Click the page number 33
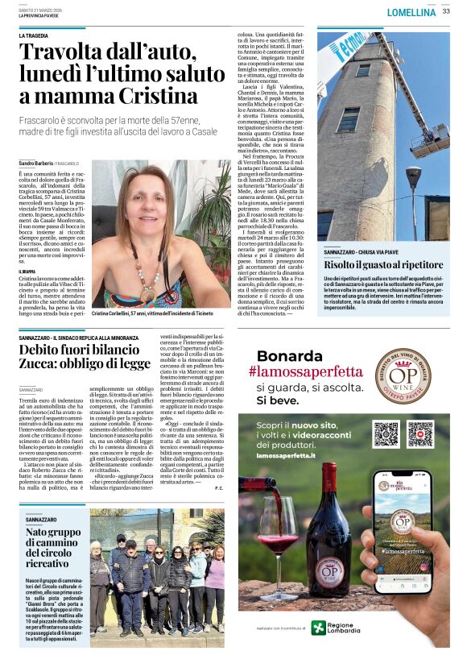pyautogui.click(x=446, y=12)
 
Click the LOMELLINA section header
pyautogui.click(x=411, y=13)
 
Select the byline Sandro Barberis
pyautogui.click(x=36, y=164)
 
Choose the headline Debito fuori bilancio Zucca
pyautogui.click(x=85, y=357)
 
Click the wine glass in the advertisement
pyautogui.click(x=279, y=533)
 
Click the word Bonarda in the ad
pyautogui.click(x=287, y=355)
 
